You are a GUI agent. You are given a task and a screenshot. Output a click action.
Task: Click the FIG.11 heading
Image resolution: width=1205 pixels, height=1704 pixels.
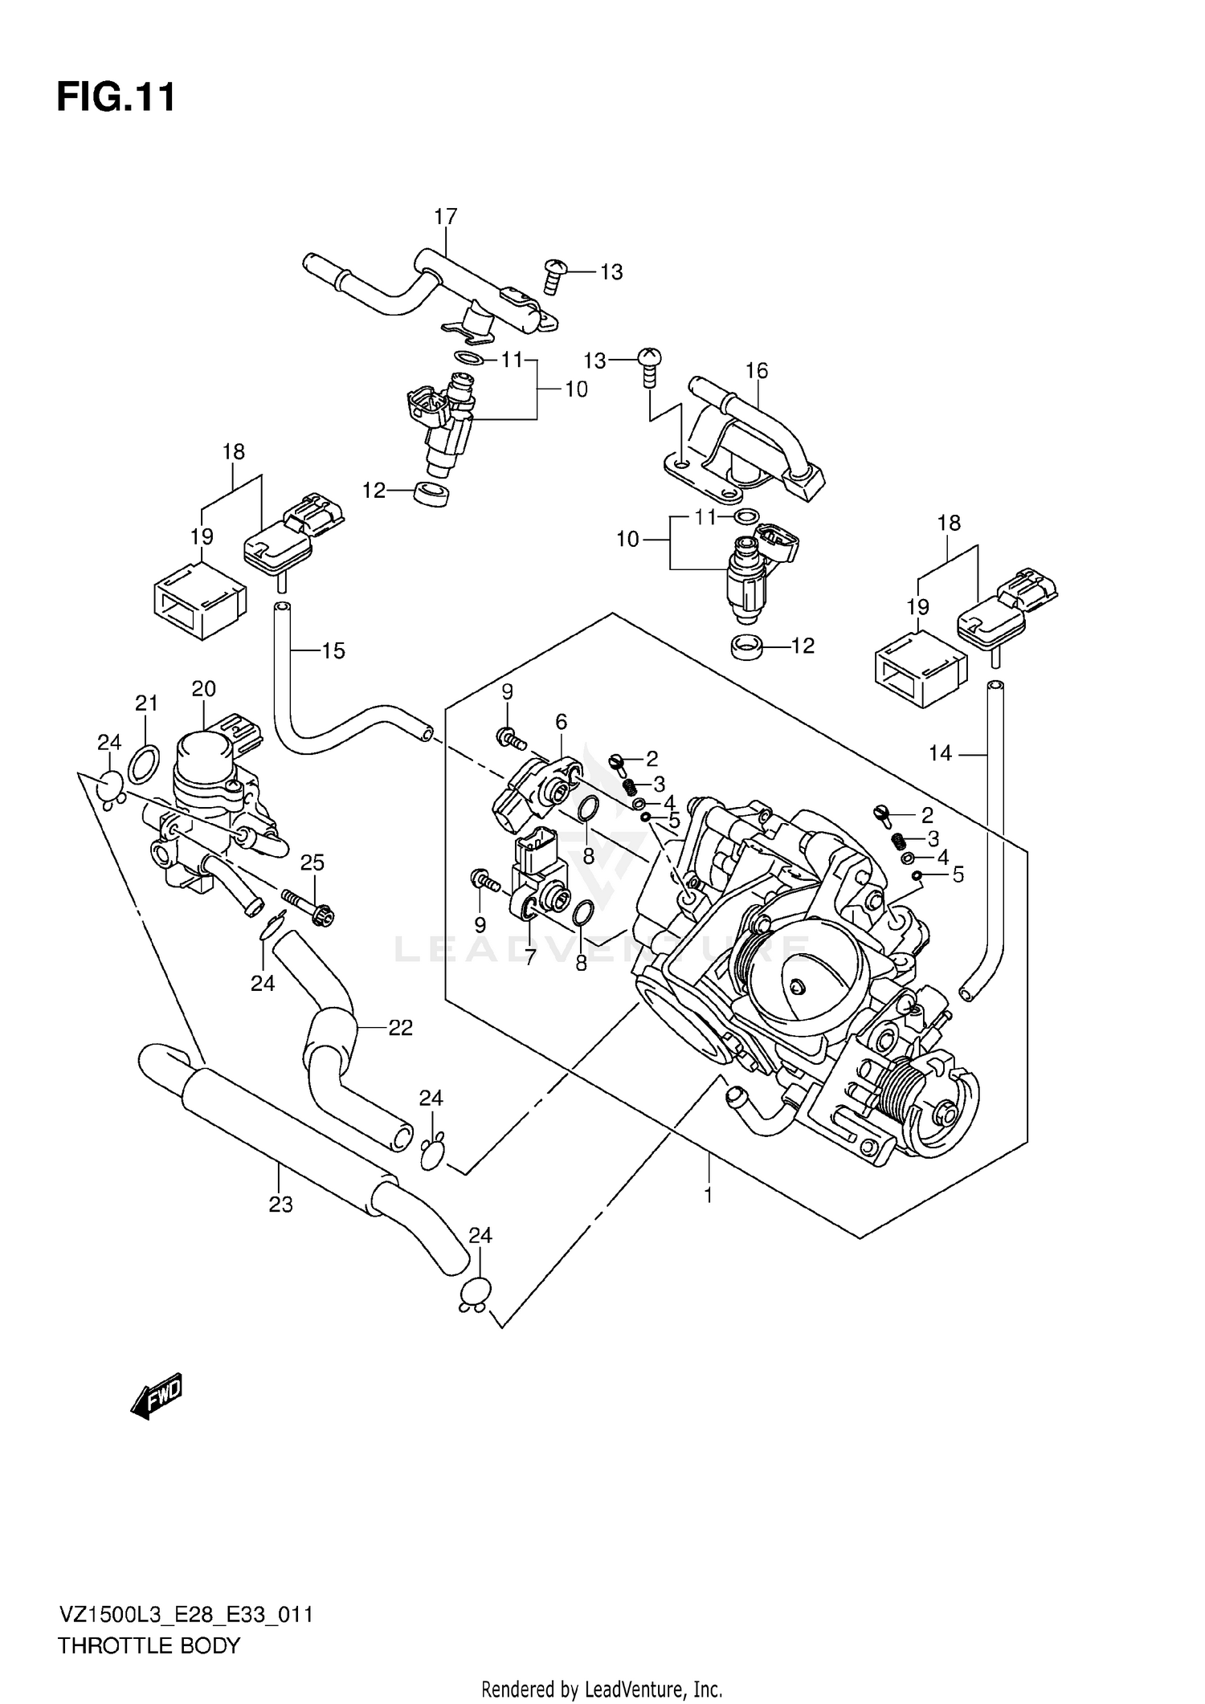[116, 98]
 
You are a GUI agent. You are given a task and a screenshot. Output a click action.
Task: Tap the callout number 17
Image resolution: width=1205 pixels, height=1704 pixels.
[445, 217]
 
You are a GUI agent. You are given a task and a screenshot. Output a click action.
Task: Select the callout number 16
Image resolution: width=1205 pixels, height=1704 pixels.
[756, 371]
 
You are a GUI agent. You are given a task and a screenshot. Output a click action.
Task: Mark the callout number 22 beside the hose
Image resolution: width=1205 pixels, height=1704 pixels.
[400, 1028]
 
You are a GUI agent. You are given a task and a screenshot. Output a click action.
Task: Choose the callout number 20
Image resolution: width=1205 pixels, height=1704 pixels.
[203, 688]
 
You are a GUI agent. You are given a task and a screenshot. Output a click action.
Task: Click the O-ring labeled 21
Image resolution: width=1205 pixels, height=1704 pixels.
[143, 762]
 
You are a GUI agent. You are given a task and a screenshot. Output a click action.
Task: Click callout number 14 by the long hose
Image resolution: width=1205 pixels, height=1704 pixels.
[940, 753]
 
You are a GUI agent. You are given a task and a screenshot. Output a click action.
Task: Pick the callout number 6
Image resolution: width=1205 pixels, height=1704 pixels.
[561, 722]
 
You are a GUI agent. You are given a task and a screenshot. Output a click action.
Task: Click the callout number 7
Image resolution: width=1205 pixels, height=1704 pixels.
[529, 956]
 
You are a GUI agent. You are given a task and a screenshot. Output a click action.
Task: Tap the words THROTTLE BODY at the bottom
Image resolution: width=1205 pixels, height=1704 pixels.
[149, 1645]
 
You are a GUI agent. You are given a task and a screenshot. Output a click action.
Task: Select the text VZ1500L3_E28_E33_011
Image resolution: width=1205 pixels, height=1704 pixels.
[185, 1614]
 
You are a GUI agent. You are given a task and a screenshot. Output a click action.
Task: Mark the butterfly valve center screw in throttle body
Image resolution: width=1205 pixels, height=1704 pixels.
[797, 987]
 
